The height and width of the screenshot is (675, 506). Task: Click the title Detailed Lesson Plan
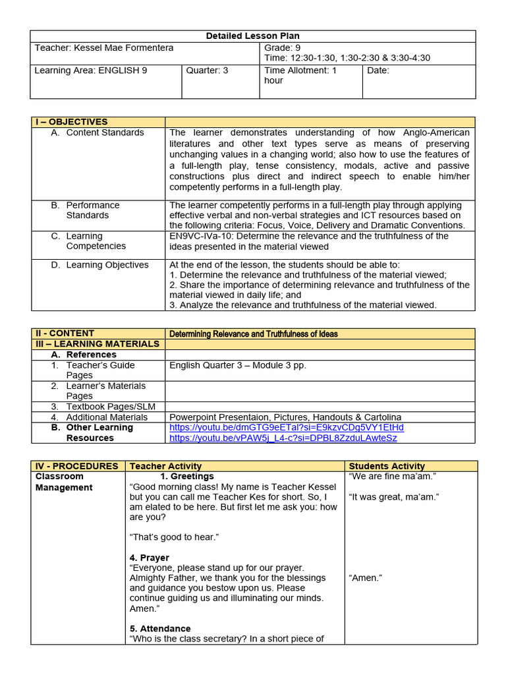pos(254,36)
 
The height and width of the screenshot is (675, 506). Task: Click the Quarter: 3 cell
pos(207,71)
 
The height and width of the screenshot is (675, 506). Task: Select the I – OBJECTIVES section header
pos(71,122)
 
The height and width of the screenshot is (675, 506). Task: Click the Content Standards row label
pos(105,132)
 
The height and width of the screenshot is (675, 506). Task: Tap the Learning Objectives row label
pos(107,265)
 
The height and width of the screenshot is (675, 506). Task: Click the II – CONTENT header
pos(65,334)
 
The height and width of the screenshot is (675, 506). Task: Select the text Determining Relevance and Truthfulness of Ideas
pos(254,334)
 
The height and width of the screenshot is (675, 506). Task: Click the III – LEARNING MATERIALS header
pos(97,344)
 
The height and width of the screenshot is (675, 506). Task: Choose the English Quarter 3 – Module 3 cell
pos(238,365)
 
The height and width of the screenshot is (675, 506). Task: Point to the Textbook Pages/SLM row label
pos(111,407)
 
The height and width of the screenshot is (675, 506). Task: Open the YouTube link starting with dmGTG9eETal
pos(287,427)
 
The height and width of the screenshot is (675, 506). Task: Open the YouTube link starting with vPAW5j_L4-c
pos(283,438)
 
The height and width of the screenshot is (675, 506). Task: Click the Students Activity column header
pos(387,466)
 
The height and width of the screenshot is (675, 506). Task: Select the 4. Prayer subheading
pos(150,558)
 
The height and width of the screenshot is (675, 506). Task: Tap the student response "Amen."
pos(366,578)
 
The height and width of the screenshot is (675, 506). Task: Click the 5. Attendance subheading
pos(160,629)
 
